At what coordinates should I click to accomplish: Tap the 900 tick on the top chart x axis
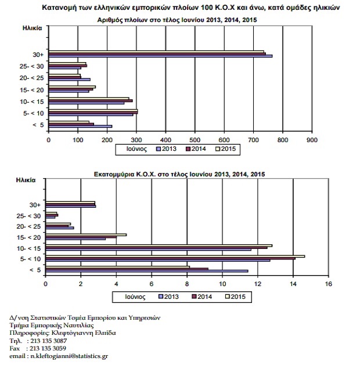(x=312, y=140)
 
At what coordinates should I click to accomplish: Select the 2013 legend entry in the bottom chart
(x=168, y=297)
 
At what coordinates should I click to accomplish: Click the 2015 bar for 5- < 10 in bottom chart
(x=175, y=256)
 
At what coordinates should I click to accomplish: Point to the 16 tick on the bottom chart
(x=328, y=284)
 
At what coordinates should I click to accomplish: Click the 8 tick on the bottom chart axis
(x=187, y=284)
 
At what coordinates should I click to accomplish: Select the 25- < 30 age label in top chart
(x=30, y=67)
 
